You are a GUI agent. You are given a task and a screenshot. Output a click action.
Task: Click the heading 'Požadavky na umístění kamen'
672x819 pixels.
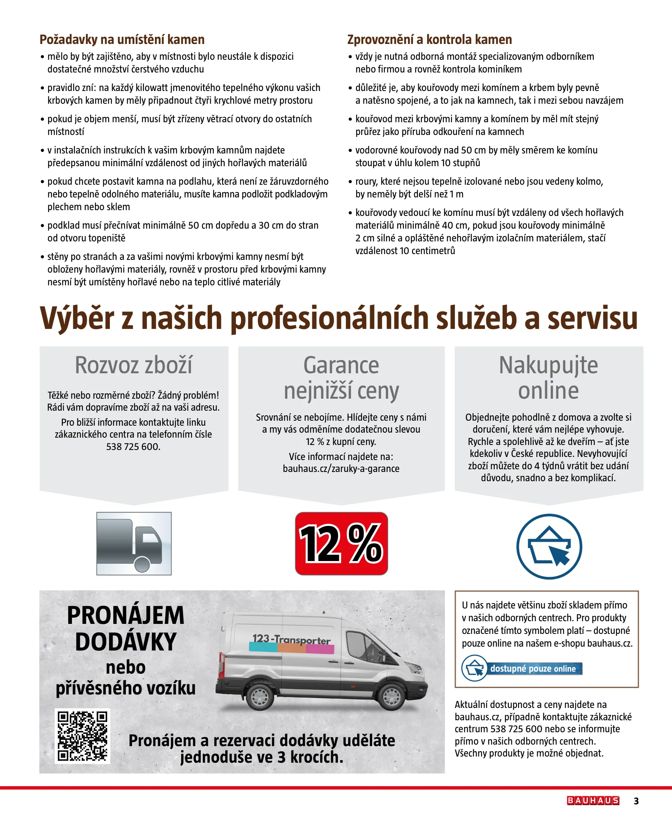coord(122,39)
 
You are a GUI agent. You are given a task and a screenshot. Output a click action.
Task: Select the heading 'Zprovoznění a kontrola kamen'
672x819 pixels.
coord(429,39)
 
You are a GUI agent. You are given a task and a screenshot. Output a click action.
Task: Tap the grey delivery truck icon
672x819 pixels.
coord(134,543)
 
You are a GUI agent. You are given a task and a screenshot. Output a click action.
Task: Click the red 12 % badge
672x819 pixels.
coord(341,543)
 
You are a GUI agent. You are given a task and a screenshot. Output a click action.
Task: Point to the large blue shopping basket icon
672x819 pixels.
coord(549,546)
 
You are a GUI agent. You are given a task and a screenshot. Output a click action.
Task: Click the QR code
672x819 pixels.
coord(83,736)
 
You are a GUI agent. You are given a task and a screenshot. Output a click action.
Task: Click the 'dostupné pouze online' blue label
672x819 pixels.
coord(533,669)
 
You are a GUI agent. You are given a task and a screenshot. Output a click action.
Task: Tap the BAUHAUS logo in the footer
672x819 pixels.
coord(593,800)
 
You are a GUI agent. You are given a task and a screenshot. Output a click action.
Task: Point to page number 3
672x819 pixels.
coord(636,801)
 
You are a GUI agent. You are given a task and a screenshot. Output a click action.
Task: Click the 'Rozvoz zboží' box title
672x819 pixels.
coord(133,365)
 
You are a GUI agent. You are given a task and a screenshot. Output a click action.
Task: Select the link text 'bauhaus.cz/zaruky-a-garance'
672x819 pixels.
coord(341,468)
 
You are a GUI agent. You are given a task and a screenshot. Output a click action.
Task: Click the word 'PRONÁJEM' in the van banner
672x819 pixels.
coord(126,615)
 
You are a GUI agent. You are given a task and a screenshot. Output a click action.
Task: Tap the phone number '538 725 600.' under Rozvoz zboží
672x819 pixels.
coord(133,447)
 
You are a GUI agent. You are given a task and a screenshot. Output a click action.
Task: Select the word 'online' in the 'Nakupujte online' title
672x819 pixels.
coord(549,390)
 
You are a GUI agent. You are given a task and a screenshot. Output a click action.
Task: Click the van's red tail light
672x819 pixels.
coord(222,664)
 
